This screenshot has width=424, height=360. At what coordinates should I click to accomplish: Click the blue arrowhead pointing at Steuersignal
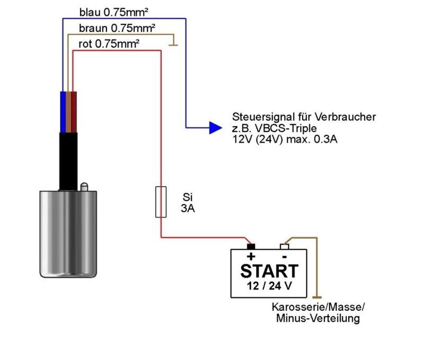click(215, 127)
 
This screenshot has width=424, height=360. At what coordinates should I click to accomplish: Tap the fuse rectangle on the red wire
click(161, 201)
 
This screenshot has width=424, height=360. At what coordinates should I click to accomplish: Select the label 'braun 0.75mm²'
click(117, 28)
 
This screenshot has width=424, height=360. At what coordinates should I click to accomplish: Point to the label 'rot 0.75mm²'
click(109, 43)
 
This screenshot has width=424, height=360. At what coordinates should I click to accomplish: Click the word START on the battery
click(269, 271)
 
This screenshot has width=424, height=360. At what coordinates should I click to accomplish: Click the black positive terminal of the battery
click(251, 247)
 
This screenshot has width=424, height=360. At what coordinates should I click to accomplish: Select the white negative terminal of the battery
click(284, 247)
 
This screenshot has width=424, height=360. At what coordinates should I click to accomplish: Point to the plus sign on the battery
click(251, 257)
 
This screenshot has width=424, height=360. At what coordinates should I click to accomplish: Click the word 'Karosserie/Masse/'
click(318, 308)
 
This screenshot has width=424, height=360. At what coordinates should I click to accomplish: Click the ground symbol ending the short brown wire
click(175, 47)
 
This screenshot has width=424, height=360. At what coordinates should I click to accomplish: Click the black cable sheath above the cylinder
click(68, 159)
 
